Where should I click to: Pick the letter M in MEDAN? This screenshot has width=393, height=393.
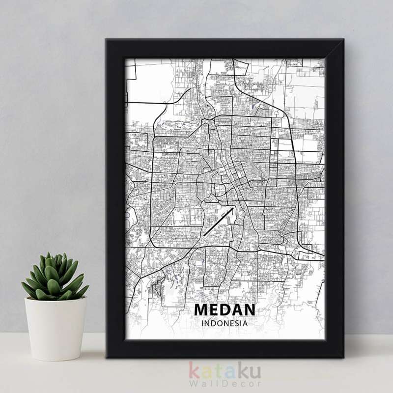pyautogui.click(x=201, y=309)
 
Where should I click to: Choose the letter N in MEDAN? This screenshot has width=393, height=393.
pyautogui.click(x=249, y=309)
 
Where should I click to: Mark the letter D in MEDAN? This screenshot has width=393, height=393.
pyautogui.click(x=225, y=309)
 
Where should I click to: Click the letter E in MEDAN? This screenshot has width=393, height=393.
pyautogui.click(x=214, y=309)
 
